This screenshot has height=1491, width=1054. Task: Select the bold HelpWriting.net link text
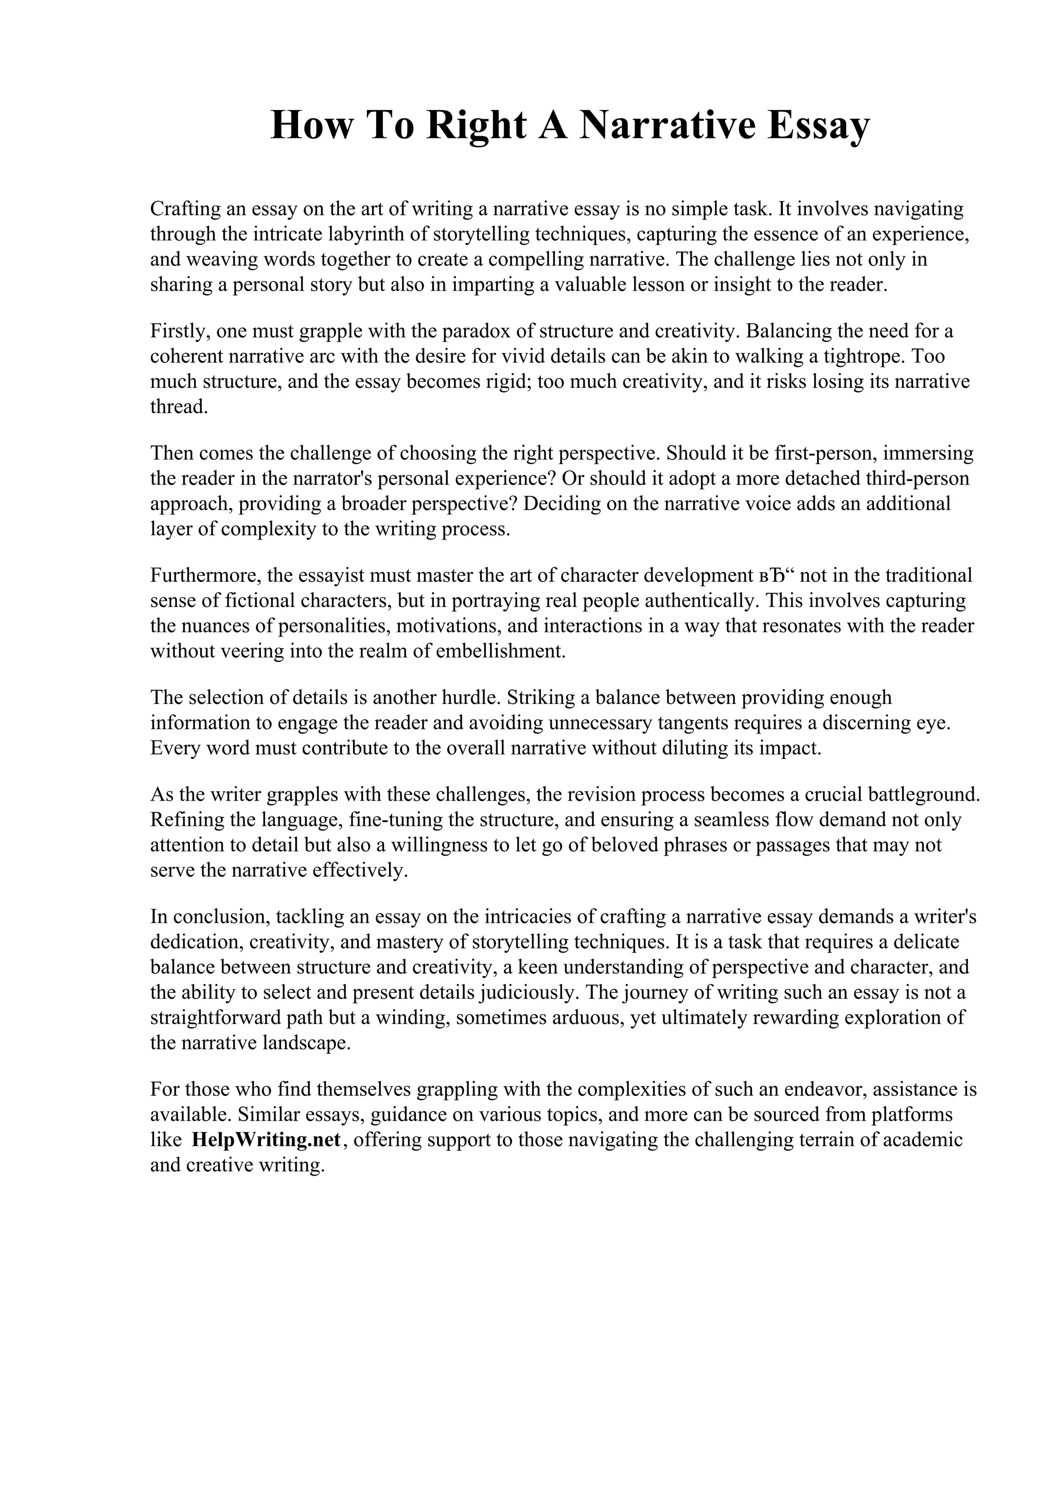266,1140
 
